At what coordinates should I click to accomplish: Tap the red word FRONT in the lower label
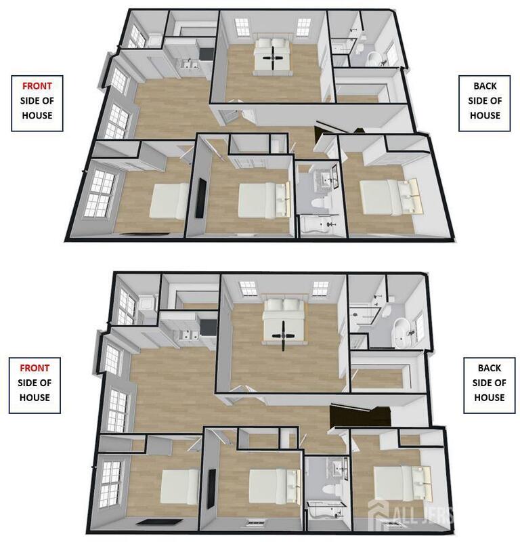click(35, 368)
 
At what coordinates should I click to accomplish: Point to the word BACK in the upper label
click(485, 86)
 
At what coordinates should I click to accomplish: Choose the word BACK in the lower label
click(490, 368)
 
